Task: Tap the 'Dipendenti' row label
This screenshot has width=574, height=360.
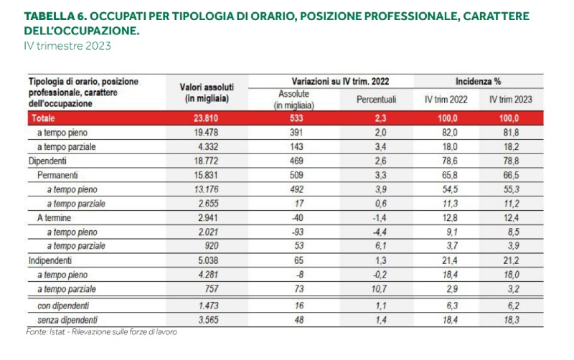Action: coord(47,161)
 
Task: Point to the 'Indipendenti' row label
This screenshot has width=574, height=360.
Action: coord(50,261)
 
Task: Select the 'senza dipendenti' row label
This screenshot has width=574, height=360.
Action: coord(67,319)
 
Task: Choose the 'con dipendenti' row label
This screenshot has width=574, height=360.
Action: coord(64,305)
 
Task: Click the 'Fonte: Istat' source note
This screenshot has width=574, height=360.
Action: coord(100,332)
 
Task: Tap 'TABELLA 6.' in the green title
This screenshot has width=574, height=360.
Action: coord(56,16)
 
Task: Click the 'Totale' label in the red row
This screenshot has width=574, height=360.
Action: coord(42,118)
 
